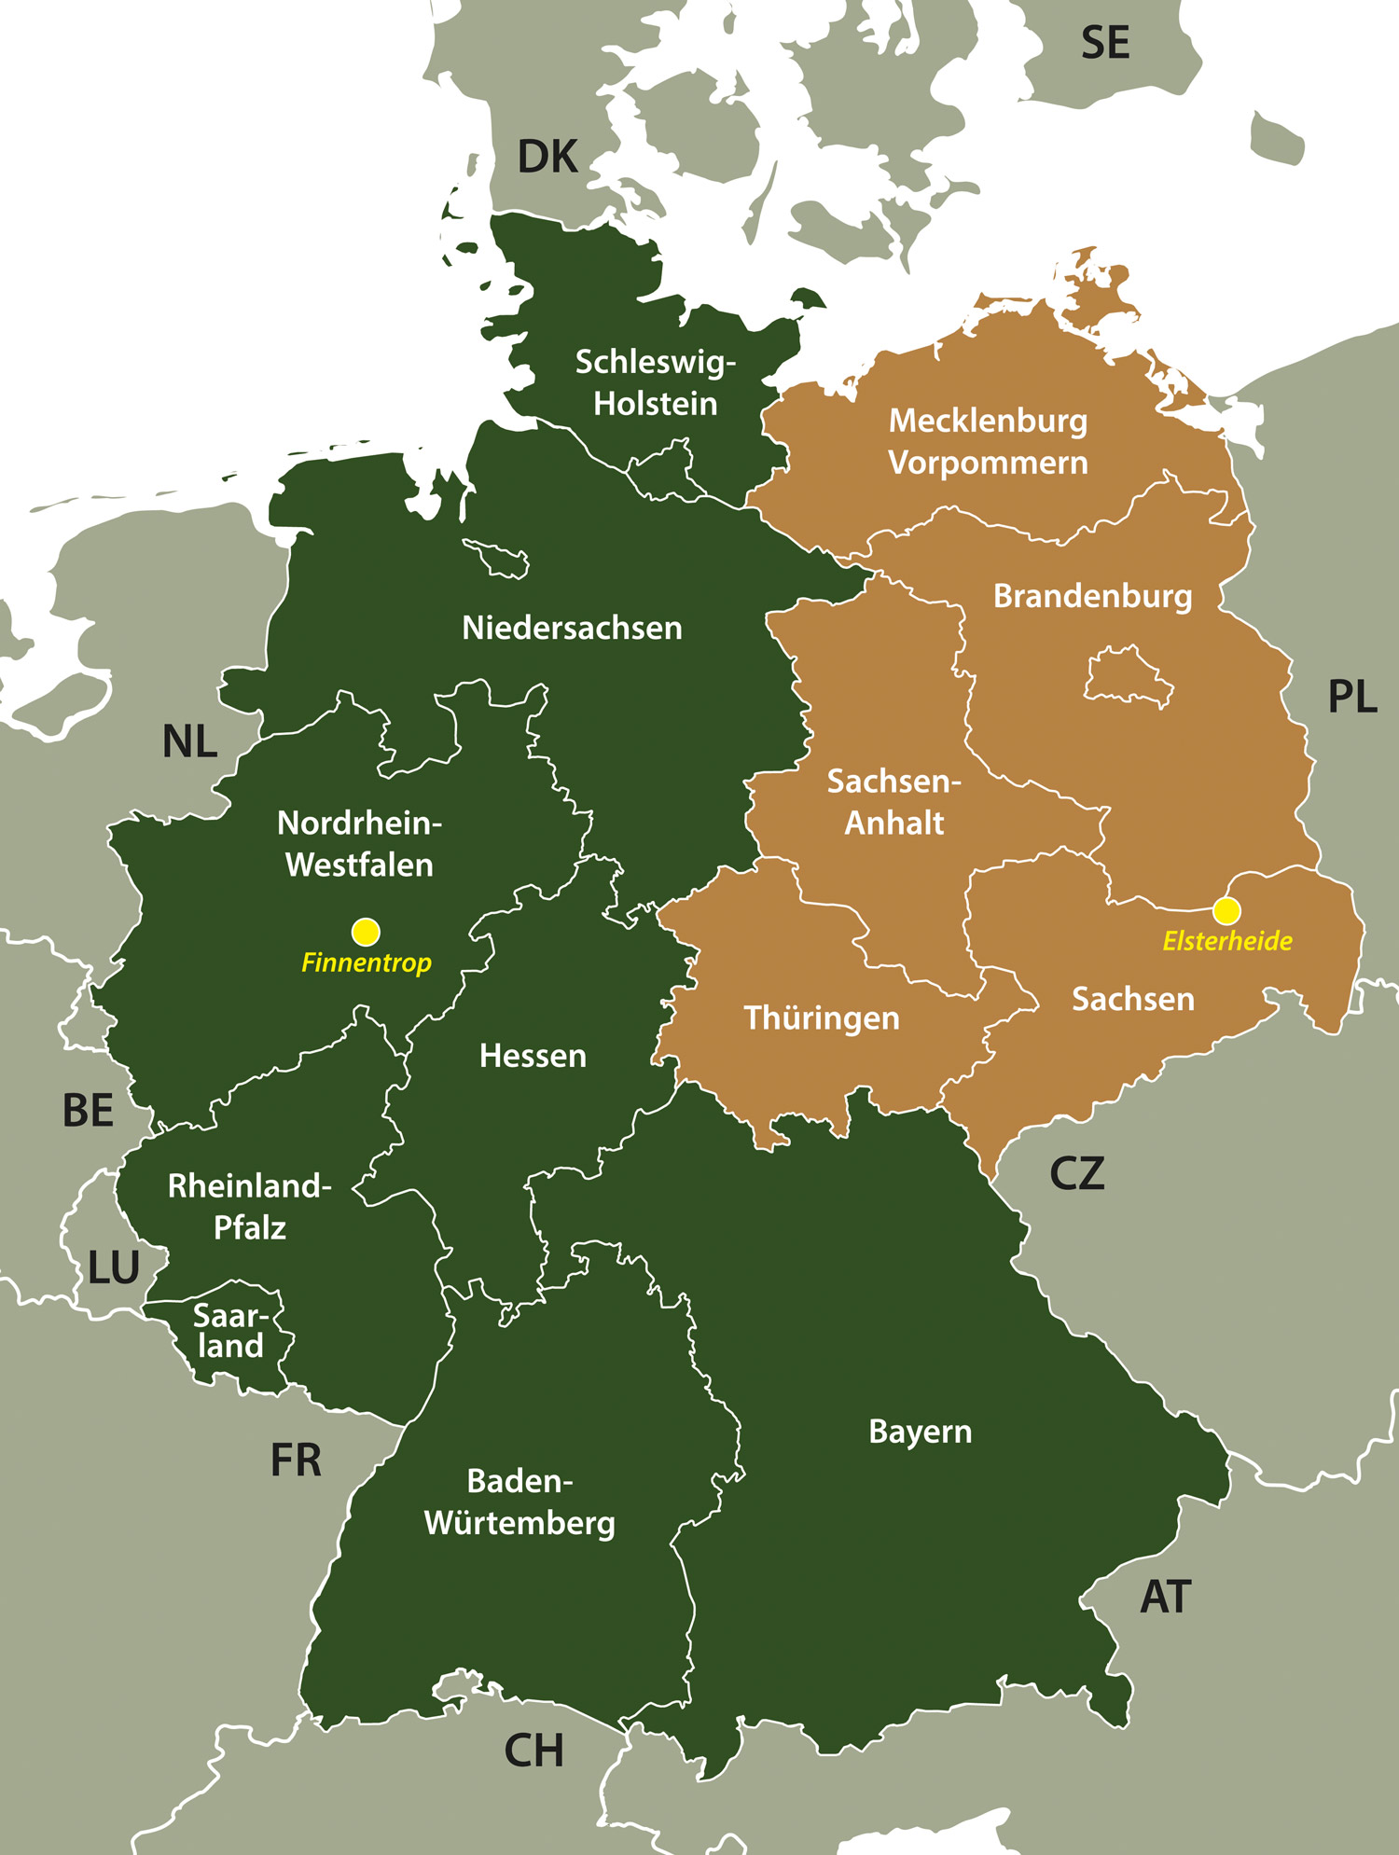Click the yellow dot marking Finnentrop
coord(366,931)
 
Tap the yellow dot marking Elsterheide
coord(1226,909)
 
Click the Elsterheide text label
coord(1227,940)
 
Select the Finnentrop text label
coord(366,962)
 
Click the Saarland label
coord(230,1331)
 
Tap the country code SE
coord(1105,44)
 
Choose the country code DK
coord(547,157)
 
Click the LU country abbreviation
coord(114,1267)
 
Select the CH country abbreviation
coord(533,1751)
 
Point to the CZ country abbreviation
coord(1076,1173)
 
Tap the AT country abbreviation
coord(1165,1597)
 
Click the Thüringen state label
coord(822,1017)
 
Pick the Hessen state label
coord(533,1056)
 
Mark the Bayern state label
coord(920,1432)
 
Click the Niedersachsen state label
coord(572,628)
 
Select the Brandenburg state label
coord(1092,596)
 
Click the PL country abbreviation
coord(1351,697)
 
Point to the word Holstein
coord(656,404)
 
